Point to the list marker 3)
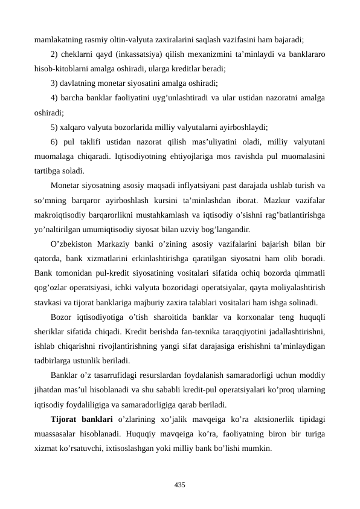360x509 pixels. point(55,83)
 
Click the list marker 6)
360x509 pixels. point(55,141)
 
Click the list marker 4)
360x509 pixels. point(55,98)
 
